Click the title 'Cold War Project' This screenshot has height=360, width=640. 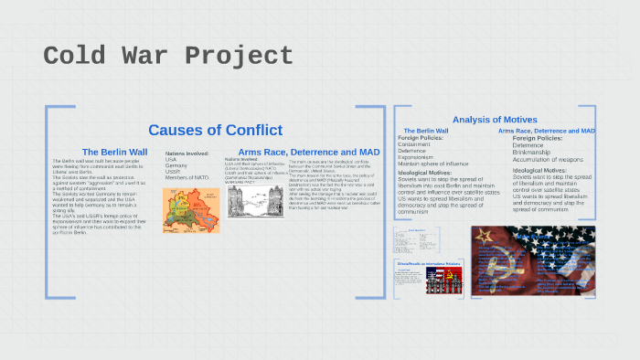click(x=168, y=56)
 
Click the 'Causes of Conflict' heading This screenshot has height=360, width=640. click(x=215, y=130)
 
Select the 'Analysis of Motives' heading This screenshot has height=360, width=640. click(x=494, y=120)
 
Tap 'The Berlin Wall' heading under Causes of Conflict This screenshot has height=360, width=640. click(x=114, y=152)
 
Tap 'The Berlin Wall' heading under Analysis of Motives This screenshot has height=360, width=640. click(x=425, y=131)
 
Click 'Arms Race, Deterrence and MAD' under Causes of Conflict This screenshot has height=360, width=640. click(x=308, y=152)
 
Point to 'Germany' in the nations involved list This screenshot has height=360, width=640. click(x=177, y=165)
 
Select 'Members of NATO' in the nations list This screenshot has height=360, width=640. click(x=189, y=177)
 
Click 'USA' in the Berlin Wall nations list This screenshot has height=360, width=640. click(x=171, y=159)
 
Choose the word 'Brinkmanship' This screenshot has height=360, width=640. click(x=535, y=152)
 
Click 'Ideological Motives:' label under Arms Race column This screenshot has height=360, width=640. click(x=540, y=170)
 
